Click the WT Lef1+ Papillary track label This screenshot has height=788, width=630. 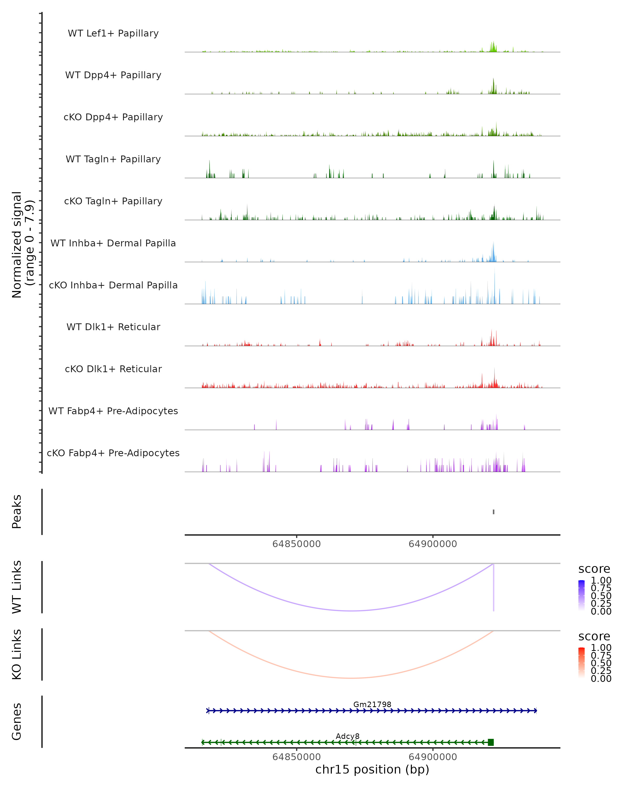click(x=113, y=33)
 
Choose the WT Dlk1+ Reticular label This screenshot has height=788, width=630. click(x=113, y=327)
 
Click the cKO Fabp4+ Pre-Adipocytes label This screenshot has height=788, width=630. click(x=113, y=453)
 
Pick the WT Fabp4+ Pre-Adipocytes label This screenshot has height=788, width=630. click(x=113, y=411)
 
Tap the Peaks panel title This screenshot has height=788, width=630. click(x=17, y=511)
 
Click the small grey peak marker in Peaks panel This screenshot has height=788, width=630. click(x=493, y=512)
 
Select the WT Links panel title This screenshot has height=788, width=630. click(x=17, y=587)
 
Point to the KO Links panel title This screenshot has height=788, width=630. click(x=17, y=654)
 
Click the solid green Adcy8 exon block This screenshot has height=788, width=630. click(x=491, y=742)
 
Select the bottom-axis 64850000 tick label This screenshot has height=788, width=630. click(x=297, y=757)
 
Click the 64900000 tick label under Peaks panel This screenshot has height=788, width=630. click(x=433, y=544)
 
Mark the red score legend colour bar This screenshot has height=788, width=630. click(x=581, y=663)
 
